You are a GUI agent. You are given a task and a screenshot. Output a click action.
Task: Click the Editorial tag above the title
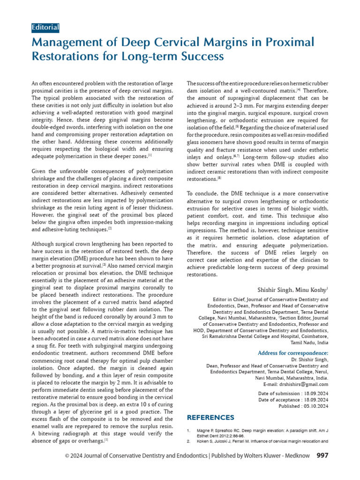(x=45, y=27)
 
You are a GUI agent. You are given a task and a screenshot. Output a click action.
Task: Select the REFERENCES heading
(x=210, y=417)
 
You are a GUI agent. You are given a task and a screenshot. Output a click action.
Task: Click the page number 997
(x=323, y=468)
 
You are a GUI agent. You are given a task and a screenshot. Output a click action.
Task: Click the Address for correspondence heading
(x=293, y=353)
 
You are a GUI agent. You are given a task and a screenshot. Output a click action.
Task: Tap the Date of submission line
(x=293, y=393)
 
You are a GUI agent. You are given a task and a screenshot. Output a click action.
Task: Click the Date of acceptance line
(x=293, y=400)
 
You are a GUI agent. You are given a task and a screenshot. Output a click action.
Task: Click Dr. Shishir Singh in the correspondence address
(x=309, y=360)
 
